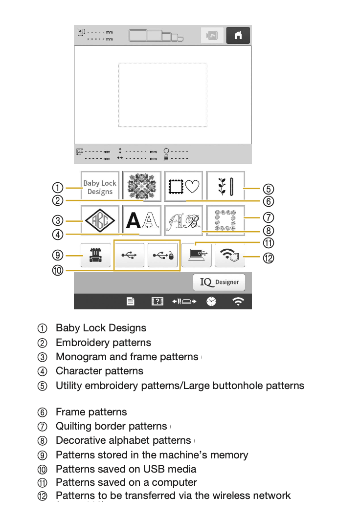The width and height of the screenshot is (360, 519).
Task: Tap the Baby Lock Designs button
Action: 100,187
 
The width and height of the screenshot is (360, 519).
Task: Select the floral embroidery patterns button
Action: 141,186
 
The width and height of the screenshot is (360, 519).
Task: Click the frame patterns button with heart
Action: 183,186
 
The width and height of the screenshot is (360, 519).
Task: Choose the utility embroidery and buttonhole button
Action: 225,186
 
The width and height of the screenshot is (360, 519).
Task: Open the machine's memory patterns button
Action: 96,256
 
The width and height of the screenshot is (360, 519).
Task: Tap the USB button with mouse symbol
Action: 163,256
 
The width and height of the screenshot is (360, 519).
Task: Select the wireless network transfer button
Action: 230,255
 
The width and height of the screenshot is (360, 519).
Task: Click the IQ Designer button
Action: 219,282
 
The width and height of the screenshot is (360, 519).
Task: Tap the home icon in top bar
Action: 238,36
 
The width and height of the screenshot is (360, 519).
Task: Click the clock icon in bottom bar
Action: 211,302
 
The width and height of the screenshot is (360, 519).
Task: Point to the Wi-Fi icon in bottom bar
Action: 238,302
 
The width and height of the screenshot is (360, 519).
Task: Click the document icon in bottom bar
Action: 131,302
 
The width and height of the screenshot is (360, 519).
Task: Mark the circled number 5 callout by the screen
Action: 268,189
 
